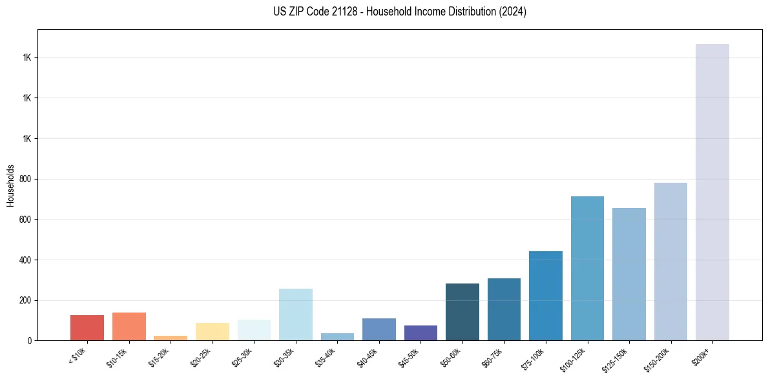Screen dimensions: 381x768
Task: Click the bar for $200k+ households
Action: point(712,192)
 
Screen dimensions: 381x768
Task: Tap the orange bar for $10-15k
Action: point(129,326)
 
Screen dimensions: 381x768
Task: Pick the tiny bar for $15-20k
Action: point(171,338)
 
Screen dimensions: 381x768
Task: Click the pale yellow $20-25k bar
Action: point(212,331)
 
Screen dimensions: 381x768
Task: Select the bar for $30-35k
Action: point(295,314)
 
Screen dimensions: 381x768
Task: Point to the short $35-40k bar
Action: point(337,336)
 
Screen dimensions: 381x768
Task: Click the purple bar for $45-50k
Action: point(420,333)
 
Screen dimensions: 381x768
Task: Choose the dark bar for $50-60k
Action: point(462,312)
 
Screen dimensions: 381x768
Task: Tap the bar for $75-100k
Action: point(546,296)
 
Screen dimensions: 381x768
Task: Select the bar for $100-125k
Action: point(587,268)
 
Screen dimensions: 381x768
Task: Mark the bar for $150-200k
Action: point(670,262)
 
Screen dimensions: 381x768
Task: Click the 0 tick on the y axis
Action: point(30,340)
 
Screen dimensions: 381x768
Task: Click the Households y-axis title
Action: point(10,185)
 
